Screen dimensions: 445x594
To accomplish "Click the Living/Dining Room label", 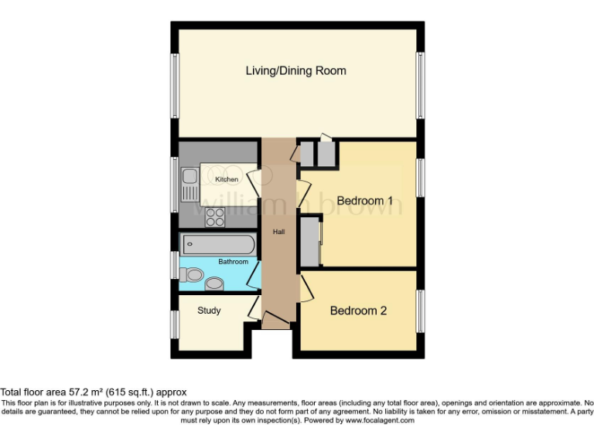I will coord(295,71).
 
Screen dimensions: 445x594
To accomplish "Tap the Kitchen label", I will coord(227,179).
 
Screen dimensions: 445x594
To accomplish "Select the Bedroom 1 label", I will coord(364,201).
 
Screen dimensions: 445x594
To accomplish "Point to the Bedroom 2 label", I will coord(358,311).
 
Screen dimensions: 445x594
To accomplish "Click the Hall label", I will coord(278,231).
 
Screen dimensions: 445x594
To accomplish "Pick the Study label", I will coord(209,311).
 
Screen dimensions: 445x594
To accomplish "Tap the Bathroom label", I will coord(233,262).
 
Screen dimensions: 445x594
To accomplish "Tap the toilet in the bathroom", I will coord(193,274).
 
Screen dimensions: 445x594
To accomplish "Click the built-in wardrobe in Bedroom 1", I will coord(310,243).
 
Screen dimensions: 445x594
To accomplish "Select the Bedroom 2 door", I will coord(307,287).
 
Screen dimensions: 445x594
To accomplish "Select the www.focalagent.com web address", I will coord(380,421).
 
